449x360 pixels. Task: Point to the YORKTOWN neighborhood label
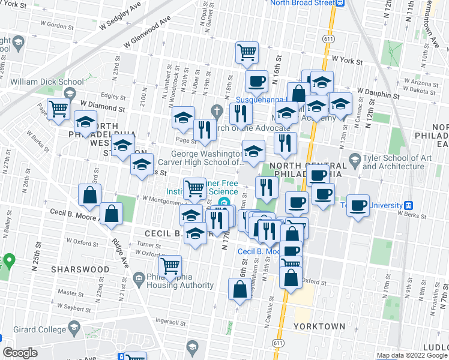[319, 326]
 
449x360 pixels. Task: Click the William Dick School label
[47, 82]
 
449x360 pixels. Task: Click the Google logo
[20, 353]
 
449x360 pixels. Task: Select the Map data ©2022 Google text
[412, 355]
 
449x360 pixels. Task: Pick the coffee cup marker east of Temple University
[358, 205]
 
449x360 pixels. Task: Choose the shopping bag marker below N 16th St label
[240, 289]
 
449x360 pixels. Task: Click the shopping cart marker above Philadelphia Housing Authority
[170, 265]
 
